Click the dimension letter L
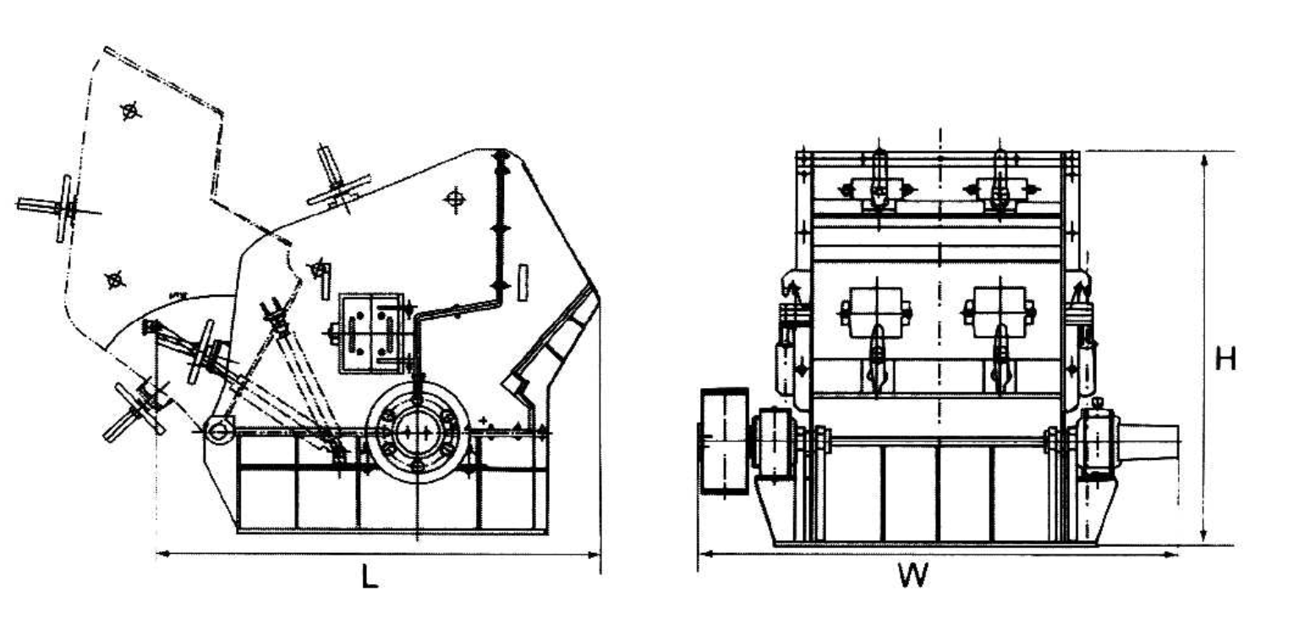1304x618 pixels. pos(369,577)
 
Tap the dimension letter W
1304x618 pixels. pos(912,576)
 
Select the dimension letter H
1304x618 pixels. pos(1225,358)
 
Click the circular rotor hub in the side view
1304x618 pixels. pos(415,431)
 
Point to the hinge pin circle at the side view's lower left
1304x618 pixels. pos(219,430)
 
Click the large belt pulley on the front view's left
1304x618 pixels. pos(724,440)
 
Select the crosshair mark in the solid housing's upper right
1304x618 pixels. pos(455,200)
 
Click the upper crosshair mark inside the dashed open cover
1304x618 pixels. pos(130,111)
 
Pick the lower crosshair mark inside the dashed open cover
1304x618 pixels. pos(115,280)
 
